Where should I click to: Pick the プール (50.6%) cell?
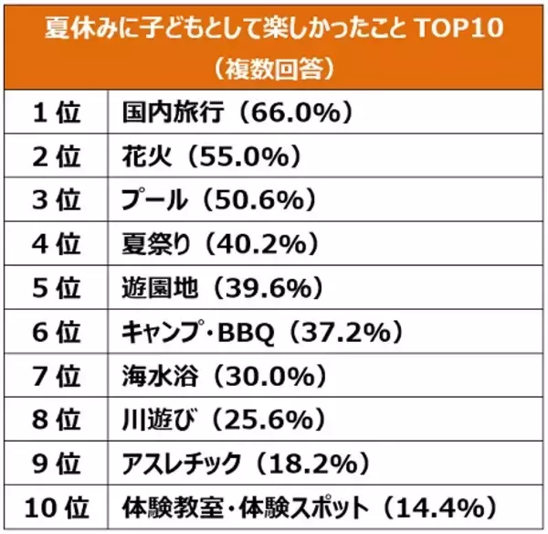point(218,199)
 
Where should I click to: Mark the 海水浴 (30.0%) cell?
point(219,373)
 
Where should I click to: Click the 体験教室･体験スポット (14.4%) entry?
point(309,504)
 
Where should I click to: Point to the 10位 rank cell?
point(57,504)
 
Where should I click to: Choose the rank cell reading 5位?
point(57,286)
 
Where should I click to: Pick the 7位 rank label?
point(57,373)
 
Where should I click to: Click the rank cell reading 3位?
point(57,199)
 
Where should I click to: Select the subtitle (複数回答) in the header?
point(274,67)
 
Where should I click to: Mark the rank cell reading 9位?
point(57,460)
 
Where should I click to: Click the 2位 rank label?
point(57,155)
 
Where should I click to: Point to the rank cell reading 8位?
point(57,417)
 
